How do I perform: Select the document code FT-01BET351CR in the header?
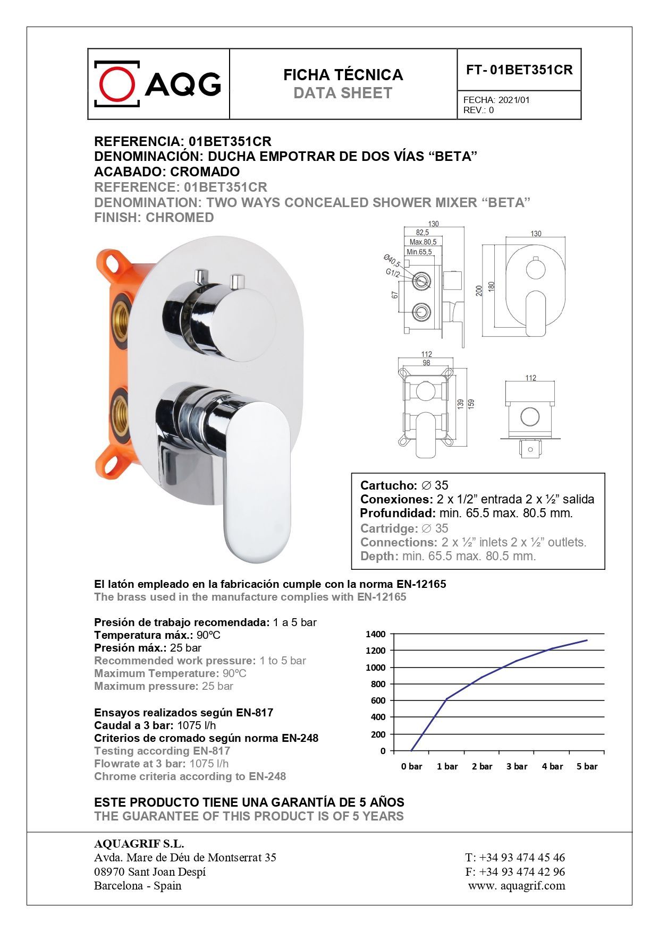[519, 70]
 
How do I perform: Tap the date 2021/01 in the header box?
[514, 100]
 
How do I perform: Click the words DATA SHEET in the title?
[343, 93]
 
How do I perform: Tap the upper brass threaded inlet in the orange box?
[120, 314]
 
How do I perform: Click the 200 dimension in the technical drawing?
[479, 290]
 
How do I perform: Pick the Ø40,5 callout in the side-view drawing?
[392, 261]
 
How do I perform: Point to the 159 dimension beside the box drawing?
[471, 404]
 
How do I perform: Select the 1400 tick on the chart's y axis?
[376, 634]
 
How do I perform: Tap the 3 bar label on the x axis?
[517, 766]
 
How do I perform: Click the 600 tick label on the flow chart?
[377, 700]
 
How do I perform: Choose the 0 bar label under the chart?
[411, 766]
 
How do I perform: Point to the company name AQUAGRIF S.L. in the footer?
[139, 844]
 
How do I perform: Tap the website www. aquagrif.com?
[517, 886]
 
